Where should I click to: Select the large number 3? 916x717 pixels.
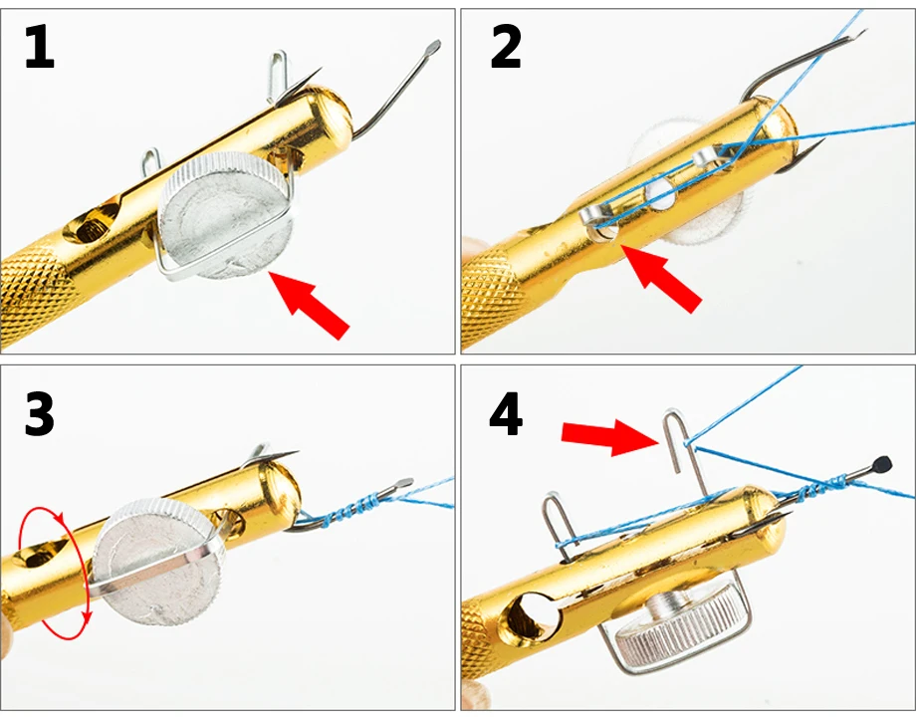pyautogui.click(x=40, y=414)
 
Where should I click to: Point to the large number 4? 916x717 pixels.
pyautogui.click(x=506, y=415)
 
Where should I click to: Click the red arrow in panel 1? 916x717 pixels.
pyautogui.click(x=309, y=304)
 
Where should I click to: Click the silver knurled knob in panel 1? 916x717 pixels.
pyautogui.click(x=225, y=214)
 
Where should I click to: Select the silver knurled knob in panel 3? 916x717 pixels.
pyautogui.click(x=157, y=562)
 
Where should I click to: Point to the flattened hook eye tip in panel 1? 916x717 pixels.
pyautogui.click(x=433, y=46)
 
